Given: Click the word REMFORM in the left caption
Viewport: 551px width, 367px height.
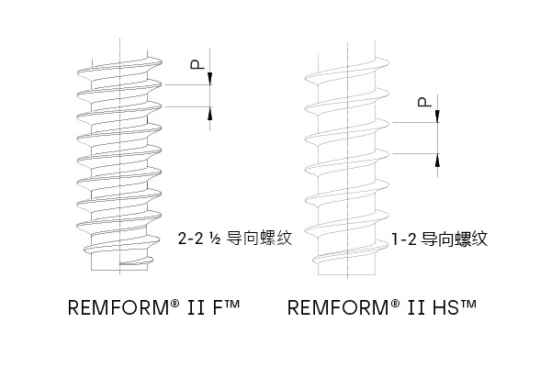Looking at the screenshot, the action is click(118, 307).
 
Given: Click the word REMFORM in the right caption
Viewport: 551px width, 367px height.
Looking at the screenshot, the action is click(338, 307).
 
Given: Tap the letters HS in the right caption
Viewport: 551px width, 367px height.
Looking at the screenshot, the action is click(446, 307).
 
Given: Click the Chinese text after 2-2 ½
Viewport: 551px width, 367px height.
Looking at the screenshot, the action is click(259, 239).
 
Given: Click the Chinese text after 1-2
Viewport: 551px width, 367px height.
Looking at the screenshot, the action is click(455, 239).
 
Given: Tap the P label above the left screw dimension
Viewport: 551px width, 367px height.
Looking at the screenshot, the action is click(197, 64).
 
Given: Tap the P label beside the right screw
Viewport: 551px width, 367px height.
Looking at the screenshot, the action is click(424, 102).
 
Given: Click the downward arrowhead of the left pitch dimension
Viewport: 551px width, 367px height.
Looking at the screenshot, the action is click(210, 79).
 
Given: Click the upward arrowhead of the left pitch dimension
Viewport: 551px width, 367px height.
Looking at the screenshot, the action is click(210, 113).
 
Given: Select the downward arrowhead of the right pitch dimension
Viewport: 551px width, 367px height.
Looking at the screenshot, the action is click(437, 117).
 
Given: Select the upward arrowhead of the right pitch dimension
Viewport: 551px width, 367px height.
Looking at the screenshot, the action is click(437, 160).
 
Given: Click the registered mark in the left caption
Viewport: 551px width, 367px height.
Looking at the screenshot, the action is click(175, 303).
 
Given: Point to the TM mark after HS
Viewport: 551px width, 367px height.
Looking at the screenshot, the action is click(467, 304).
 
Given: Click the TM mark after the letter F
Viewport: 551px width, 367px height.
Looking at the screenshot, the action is click(231, 304).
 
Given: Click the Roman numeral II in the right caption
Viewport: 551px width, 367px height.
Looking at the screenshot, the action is click(416, 307).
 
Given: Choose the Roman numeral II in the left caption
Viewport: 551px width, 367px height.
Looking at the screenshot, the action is click(197, 307).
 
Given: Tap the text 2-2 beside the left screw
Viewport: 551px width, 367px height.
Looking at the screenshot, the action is click(191, 239).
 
